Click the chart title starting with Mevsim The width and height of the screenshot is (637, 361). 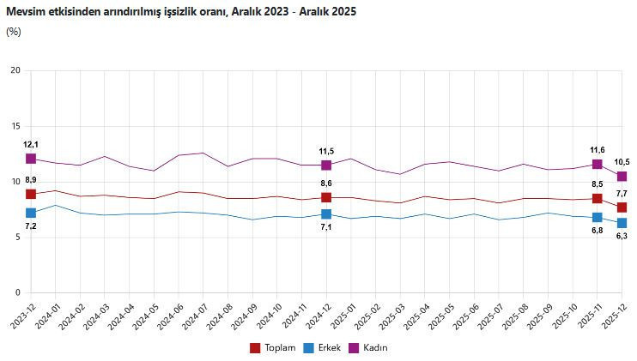coord(180,12)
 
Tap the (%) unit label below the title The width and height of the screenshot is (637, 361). coord(13,32)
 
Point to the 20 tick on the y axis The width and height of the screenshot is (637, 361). coord(15,70)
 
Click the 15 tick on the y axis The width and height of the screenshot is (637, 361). coord(15,126)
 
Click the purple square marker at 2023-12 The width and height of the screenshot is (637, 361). coord(31,159)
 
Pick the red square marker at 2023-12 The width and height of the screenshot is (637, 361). coord(31,195)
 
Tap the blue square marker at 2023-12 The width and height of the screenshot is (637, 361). coord(31,213)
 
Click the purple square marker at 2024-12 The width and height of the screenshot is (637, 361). coord(326,165)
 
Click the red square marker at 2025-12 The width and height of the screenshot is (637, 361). coord(622,208)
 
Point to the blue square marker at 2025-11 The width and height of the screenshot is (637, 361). coord(598,218)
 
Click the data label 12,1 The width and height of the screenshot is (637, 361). coord(31,145)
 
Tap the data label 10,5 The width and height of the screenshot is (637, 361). coord(622,162)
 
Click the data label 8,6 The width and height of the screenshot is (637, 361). coord(326,184)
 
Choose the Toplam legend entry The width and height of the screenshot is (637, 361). coord(272,347)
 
